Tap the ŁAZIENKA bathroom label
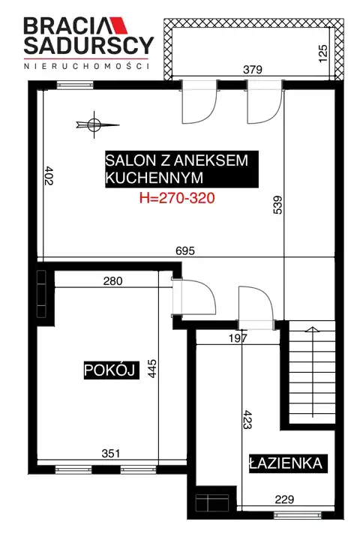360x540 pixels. pos(286,463)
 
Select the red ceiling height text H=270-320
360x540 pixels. pos(177,198)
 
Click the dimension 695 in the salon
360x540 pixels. pos(185,250)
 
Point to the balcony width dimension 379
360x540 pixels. pos(253,70)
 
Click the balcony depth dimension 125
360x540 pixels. pos(323,53)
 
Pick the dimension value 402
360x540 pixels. pos(49,175)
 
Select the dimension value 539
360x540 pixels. pos(277,205)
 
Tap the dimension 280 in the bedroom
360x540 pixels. pos(112,281)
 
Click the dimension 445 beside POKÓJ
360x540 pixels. pos(152,368)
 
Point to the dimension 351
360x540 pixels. pos(111,453)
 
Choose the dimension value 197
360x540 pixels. pos(238,338)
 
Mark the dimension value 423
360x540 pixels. pos(247,419)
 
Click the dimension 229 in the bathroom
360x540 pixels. pos(284,499)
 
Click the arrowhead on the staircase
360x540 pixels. pos(313,329)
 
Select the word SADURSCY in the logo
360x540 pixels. pos(88,45)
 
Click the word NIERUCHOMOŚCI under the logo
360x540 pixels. pos(87,66)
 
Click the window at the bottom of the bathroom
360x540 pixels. pos(298,514)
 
